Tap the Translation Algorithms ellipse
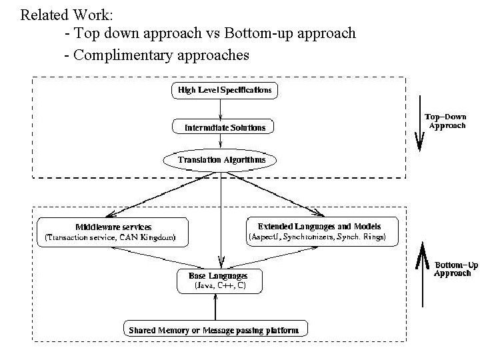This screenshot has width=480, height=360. pos(221,160)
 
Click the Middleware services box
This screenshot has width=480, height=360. pos(112,231)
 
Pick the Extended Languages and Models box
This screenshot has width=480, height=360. pos(323,231)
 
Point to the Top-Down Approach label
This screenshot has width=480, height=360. pos(445,121)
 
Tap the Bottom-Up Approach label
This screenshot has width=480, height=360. pos(456,269)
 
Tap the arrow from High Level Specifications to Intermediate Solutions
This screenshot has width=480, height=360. pos(221,109)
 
